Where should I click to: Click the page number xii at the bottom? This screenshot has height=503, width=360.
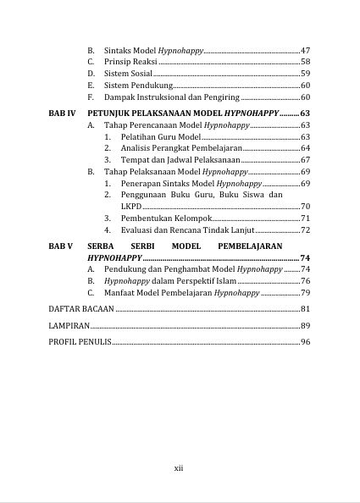179,467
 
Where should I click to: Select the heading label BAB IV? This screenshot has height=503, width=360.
62,112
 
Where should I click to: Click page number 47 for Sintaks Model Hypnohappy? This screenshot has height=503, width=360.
305,51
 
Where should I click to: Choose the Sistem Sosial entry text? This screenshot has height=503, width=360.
128,75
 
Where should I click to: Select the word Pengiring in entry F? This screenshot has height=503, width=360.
221,98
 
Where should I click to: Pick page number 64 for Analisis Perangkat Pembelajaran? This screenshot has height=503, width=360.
305,148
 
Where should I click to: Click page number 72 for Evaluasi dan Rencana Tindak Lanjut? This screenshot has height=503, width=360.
305,230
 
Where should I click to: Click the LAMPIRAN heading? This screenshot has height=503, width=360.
69,325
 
